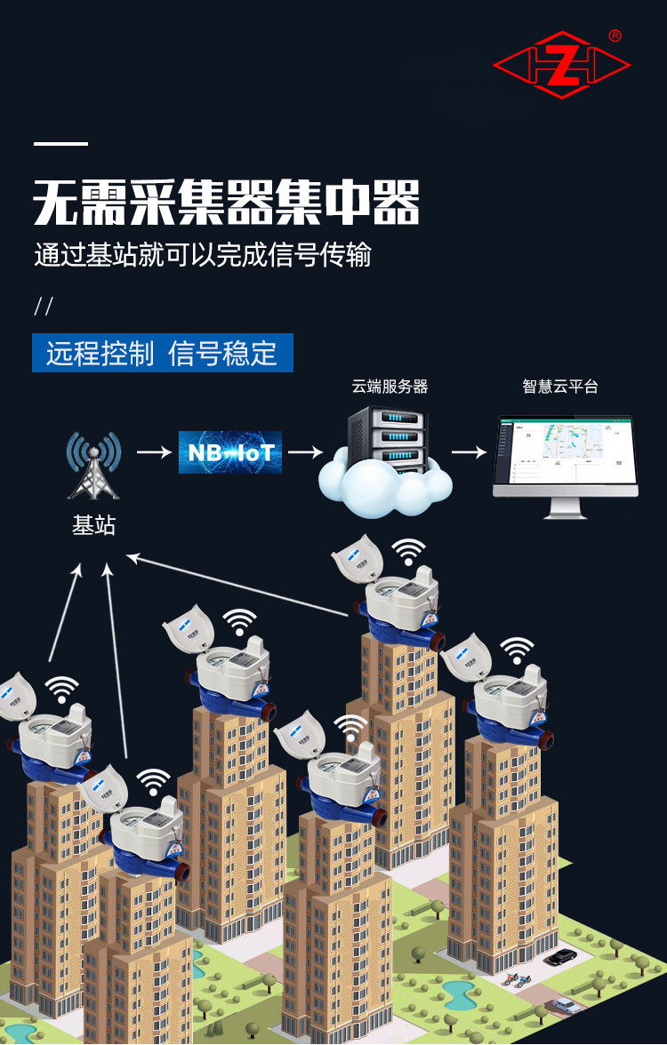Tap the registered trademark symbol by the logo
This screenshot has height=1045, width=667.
[615, 36]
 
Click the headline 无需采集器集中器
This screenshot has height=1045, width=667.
[226, 203]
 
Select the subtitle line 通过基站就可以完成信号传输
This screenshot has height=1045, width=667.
[203, 255]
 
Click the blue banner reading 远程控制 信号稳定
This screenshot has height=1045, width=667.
[162, 353]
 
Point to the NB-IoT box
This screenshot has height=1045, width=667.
[229, 452]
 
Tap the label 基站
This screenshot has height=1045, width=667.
[93, 525]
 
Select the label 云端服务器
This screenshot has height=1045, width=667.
[390, 387]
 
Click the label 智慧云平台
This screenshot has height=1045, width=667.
[559, 387]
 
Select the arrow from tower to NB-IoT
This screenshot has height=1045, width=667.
[154, 452]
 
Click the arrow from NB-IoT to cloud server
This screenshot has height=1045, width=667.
[304, 452]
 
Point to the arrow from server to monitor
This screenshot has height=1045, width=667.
[470, 452]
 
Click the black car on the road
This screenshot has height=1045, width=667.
[559, 958]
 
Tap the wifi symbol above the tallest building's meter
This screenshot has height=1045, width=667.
[408, 552]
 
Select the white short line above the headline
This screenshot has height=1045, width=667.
[60, 144]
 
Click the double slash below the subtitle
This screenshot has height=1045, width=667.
[44, 307]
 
